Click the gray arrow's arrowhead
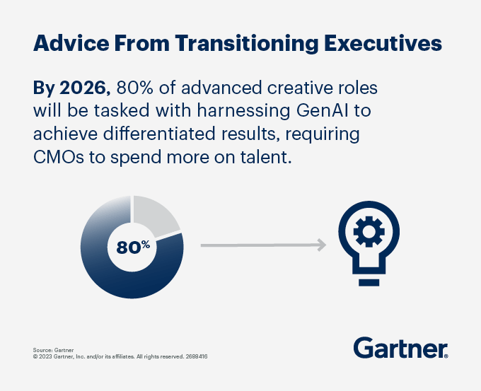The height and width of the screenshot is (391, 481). click(x=321, y=245)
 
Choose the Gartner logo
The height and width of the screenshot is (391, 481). click(x=400, y=348)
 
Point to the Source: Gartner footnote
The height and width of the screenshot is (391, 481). click(x=49, y=350)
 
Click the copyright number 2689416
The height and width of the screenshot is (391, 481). click(x=196, y=356)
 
